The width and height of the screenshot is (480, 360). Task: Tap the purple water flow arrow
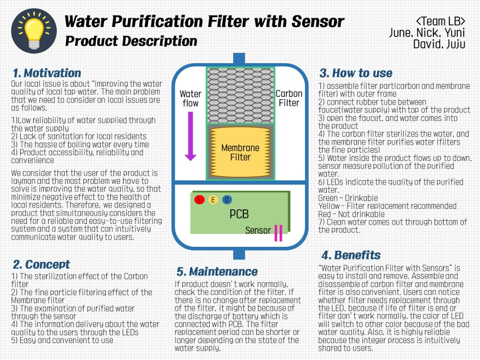click(190, 136)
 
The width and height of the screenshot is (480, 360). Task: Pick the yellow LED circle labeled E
click(213, 200)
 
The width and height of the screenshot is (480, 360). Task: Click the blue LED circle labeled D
click(227, 200)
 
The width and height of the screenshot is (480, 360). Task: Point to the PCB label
click(239, 214)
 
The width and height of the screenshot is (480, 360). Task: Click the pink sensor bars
click(278, 233)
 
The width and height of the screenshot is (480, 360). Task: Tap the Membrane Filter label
click(240, 152)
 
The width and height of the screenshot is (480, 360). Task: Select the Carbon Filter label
click(289, 98)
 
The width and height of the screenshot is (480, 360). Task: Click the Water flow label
click(190, 98)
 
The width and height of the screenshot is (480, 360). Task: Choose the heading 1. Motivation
click(47, 73)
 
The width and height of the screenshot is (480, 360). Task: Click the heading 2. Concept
click(42, 264)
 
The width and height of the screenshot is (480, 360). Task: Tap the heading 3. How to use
click(356, 73)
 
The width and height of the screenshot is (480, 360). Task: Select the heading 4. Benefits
click(351, 255)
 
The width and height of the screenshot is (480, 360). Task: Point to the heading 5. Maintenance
click(217, 272)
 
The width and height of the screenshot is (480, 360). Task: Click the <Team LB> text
click(440, 21)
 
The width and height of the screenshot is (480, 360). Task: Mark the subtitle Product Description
click(131, 41)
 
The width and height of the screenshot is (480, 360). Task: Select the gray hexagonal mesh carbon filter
click(240, 95)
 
